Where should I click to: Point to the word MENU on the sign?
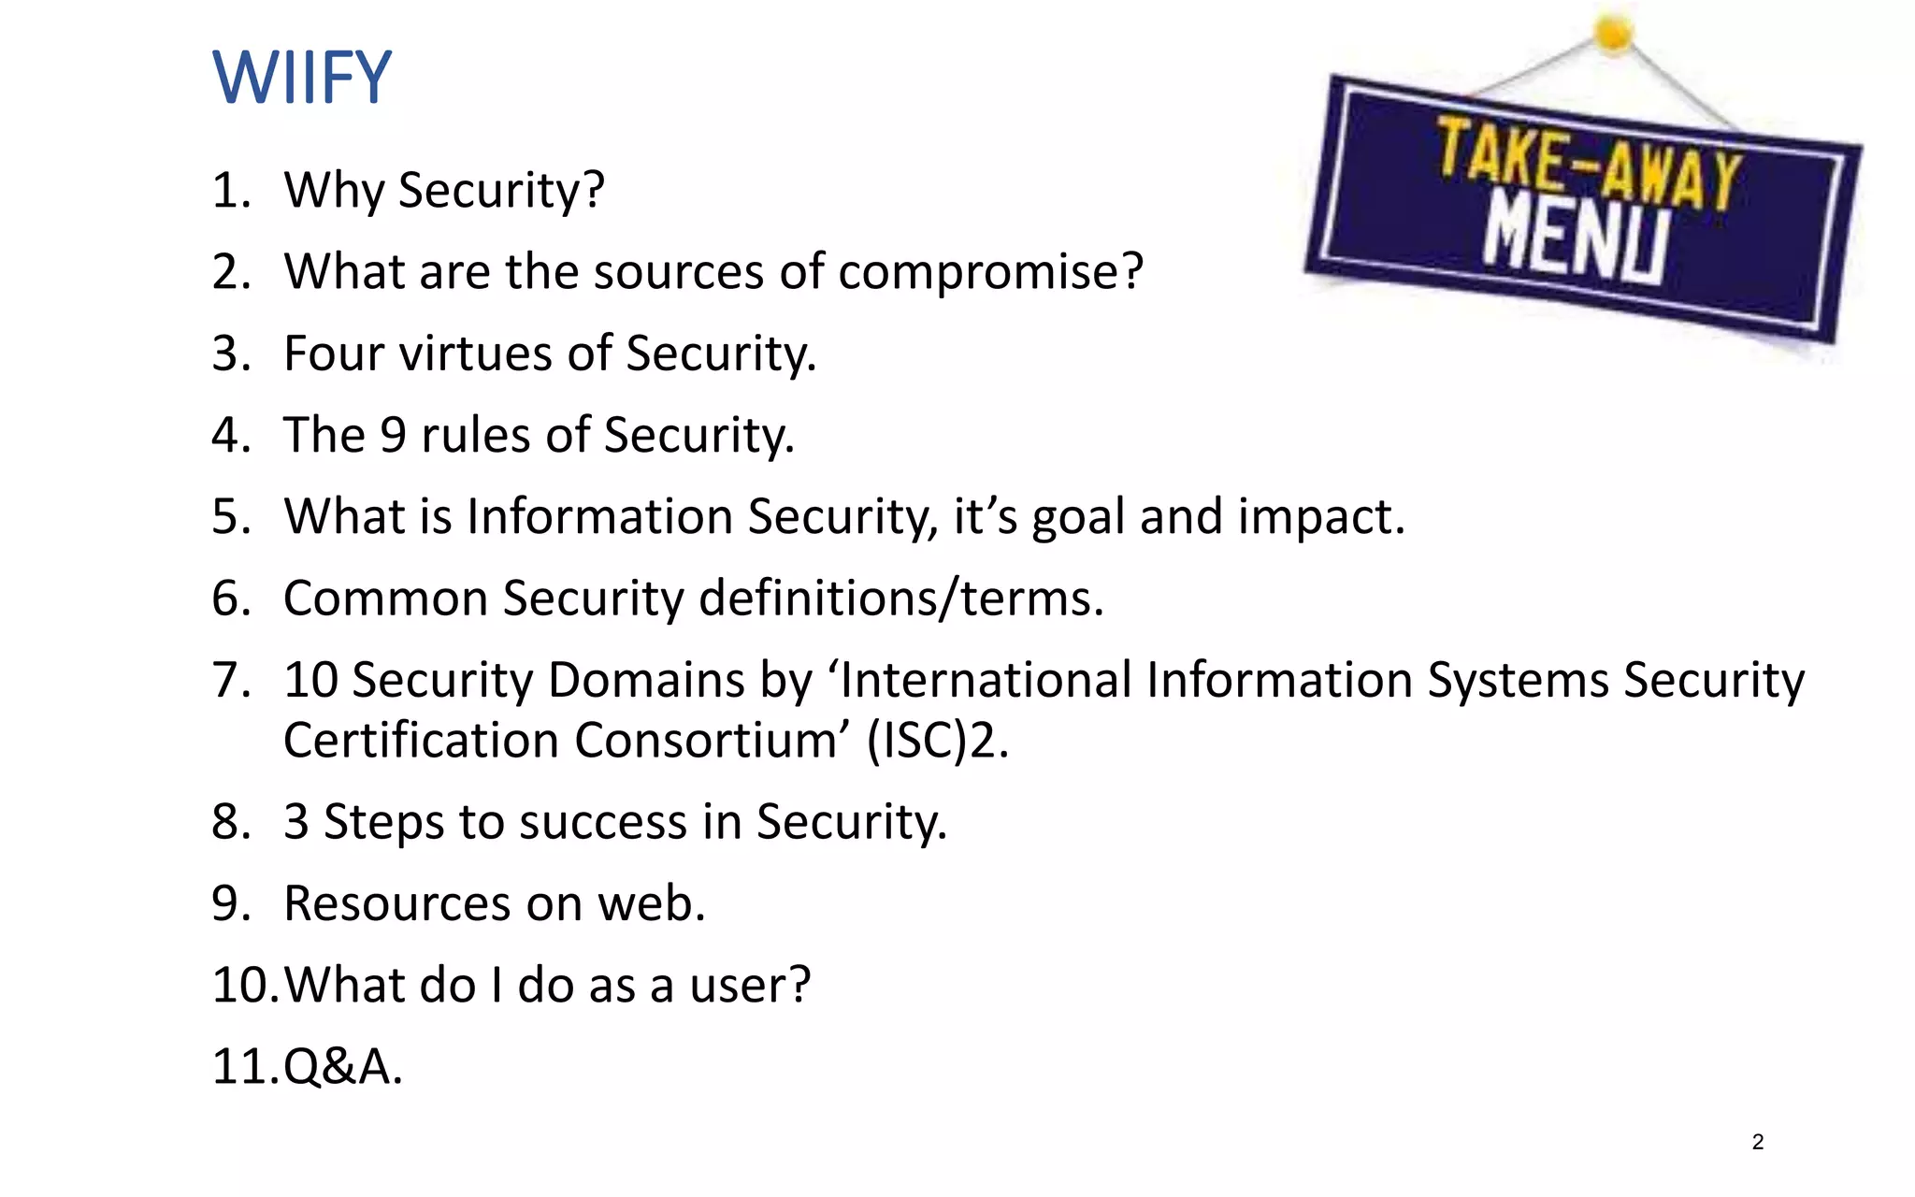1576,242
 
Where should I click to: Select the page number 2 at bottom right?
1758,1142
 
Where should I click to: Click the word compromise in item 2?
989,272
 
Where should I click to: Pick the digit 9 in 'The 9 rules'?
393,435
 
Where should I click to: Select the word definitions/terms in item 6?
900,598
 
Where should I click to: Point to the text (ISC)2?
937,741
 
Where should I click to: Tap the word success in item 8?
603,822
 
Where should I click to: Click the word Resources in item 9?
397,903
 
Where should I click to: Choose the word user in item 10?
748,986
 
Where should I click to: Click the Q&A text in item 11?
342,1067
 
